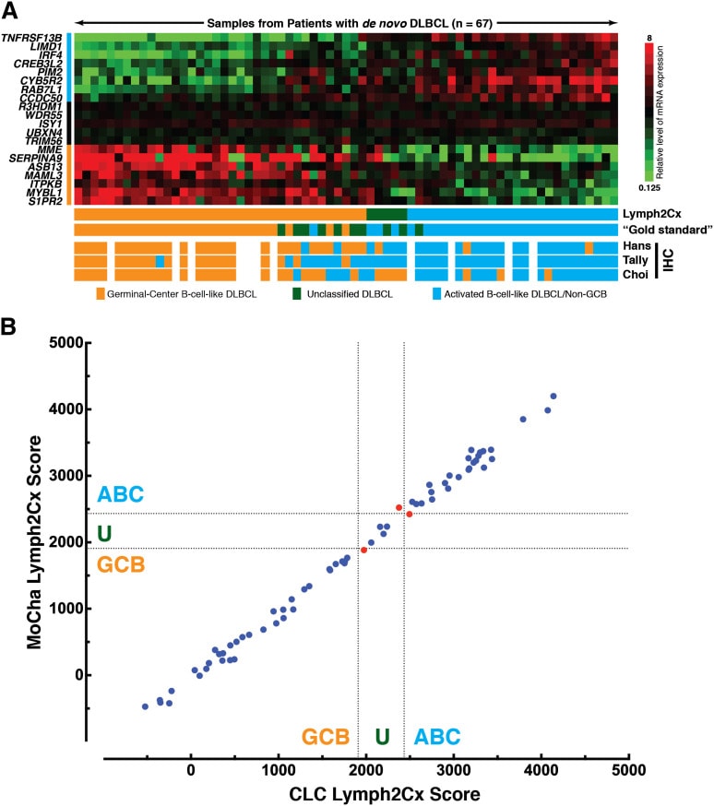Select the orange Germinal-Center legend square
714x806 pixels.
101,293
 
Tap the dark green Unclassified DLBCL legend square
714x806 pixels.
297,293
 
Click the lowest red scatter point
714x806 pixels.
364,550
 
